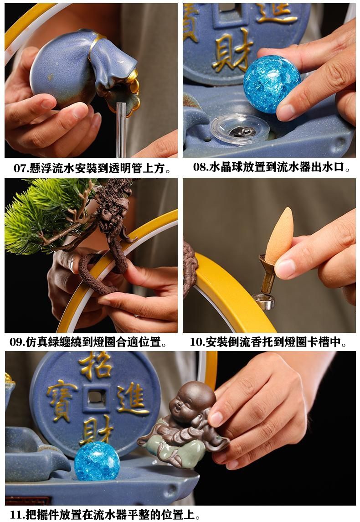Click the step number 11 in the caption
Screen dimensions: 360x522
tap(15, 515)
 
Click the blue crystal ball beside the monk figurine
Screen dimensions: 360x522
tap(97, 461)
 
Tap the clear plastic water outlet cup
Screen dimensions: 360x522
tap(239, 130)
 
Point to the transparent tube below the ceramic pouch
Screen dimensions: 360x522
tap(121, 130)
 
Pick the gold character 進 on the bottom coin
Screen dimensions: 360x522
tap(131, 398)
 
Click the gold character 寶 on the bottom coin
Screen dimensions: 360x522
tap(62, 400)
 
